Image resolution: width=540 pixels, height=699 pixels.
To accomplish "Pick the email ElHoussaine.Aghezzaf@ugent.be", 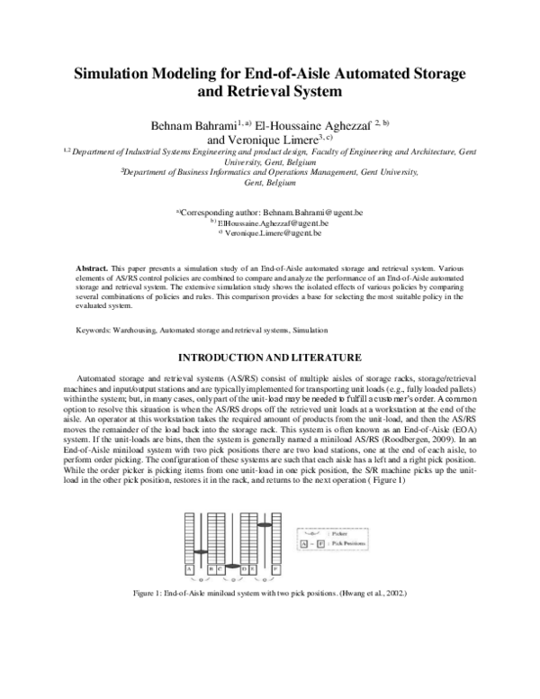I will coord(274,223).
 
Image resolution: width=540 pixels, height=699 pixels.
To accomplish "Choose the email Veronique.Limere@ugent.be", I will coord(274,234).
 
